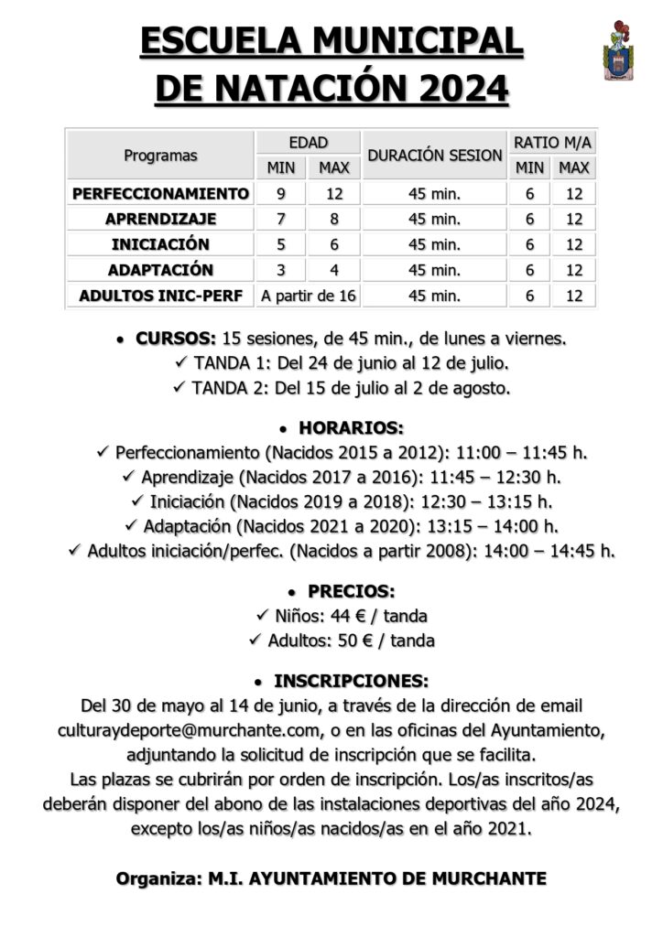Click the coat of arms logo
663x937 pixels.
click(618, 50)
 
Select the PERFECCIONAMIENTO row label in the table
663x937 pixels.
click(160, 193)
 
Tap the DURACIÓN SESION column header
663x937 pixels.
click(435, 156)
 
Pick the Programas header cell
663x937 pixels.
click(160, 156)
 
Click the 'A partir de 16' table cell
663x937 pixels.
click(309, 296)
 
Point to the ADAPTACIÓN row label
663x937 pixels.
click(160, 270)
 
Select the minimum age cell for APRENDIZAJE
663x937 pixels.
click(281, 219)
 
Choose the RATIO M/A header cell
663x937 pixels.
click(552, 143)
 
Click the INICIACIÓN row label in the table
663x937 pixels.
click(160, 244)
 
